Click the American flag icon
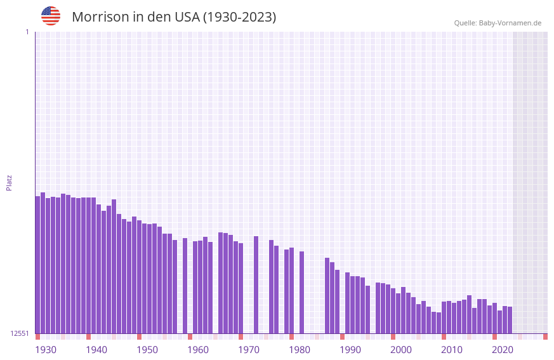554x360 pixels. pyautogui.click(x=51, y=16)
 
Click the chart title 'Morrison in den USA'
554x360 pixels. pyautogui.click(x=174, y=17)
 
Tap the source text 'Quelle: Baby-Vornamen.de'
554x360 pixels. pyautogui.click(x=498, y=23)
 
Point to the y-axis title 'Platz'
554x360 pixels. pyautogui.click(x=9, y=182)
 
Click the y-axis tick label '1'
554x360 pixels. pyautogui.click(x=27, y=32)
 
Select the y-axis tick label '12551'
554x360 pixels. pyautogui.click(x=19, y=333)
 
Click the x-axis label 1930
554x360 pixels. pyautogui.click(x=46, y=350)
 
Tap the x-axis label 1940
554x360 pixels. pyautogui.click(x=96, y=350)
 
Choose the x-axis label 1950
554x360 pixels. pyautogui.click(x=147, y=350)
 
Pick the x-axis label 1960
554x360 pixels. pyautogui.click(x=198, y=350)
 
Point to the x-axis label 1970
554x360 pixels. pyautogui.click(x=249, y=350)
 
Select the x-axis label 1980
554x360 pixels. pyautogui.click(x=300, y=350)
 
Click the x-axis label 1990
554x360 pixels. pyautogui.click(x=350, y=350)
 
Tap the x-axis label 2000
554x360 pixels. pyautogui.click(x=401, y=350)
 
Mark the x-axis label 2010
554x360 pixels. pyautogui.click(x=452, y=350)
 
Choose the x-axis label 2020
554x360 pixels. pyautogui.click(x=503, y=350)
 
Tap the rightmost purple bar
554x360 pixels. pyautogui.click(x=510, y=320)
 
